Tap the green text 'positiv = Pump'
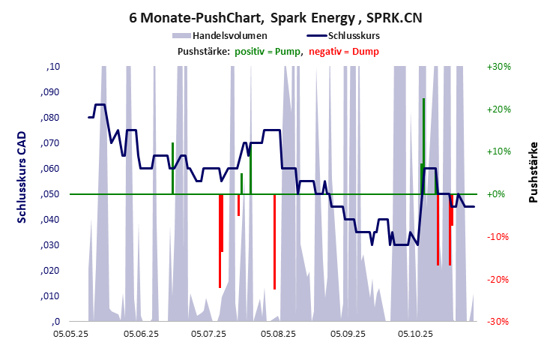pyautogui.click(x=268, y=51)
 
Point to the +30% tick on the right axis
pyautogui.click(x=498, y=67)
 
